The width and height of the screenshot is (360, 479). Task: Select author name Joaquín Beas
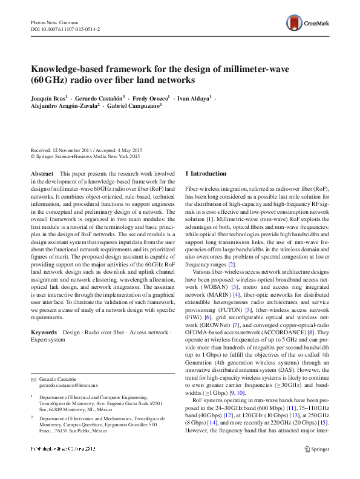(x=48, y=97)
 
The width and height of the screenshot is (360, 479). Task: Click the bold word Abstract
(x=41, y=174)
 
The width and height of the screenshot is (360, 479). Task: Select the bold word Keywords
(x=44, y=332)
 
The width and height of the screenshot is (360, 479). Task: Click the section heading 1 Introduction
(x=209, y=173)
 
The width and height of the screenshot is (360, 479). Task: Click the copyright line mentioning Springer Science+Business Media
(x=85, y=157)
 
